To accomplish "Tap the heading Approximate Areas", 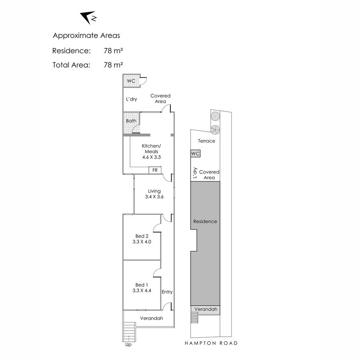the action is [86, 36].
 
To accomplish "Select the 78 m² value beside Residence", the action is [113, 51].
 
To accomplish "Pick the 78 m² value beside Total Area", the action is [113, 65].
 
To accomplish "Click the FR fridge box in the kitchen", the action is [155, 170].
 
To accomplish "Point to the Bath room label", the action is [131, 121].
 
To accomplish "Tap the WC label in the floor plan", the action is [131, 81].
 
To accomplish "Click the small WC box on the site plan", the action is [195, 154].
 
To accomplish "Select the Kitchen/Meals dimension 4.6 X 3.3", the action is [152, 157].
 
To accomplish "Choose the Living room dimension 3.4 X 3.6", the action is [154, 197].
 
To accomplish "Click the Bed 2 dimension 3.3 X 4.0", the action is [142, 242].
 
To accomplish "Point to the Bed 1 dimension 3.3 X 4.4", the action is [142, 291].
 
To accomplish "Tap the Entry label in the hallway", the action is [167, 292].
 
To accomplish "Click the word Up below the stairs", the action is [128, 345].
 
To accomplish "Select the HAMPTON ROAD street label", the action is [211, 343].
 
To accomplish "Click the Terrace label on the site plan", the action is [207, 141].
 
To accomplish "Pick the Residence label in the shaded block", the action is [205, 222].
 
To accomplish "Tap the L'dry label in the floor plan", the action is [132, 99].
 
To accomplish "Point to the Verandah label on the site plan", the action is [206, 309].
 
